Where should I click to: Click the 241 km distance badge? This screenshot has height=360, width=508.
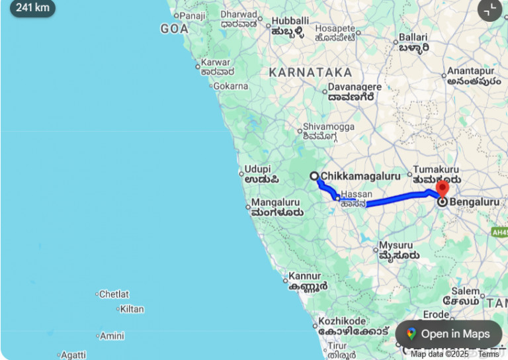pyautogui.click(x=32, y=8)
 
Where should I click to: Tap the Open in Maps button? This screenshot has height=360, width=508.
pyautogui.click(x=448, y=334)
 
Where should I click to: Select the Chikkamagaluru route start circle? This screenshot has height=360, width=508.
pyautogui.click(x=316, y=176)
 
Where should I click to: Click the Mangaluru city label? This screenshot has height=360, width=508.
pyautogui.click(x=276, y=202)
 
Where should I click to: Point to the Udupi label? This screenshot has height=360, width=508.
pyautogui.click(x=258, y=169)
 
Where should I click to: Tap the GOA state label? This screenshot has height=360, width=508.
pyautogui.click(x=175, y=29)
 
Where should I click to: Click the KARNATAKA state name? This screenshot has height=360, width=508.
pyautogui.click(x=310, y=72)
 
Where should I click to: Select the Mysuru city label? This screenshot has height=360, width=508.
pyautogui.click(x=396, y=246)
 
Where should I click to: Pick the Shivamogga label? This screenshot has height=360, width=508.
pyautogui.click(x=329, y=127)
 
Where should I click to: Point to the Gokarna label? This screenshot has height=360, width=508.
pyautogui.click(x=230, y=86)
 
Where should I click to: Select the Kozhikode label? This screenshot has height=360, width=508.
pyautogui.click(x=343, y=320)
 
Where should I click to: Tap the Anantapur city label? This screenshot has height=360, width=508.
pyautogui.click(x=470, y=71)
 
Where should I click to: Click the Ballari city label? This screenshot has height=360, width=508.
pyautogui.click(x=413, y=38)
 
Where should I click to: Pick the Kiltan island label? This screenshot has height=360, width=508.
pyautogui.click(x=132, y=309)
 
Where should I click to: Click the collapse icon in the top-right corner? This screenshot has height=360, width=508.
pyautogui.click(x=489, y=9)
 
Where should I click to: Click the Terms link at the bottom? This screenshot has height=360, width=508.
pyautogui.click(x=489, y=354)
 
